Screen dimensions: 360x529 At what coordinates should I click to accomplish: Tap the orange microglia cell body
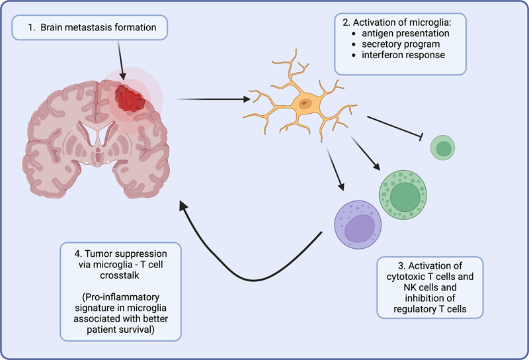click(306, 104)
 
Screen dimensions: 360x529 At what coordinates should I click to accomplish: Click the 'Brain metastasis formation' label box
click(92, 28)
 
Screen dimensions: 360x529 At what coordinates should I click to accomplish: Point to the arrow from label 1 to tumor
click(120, 56)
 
